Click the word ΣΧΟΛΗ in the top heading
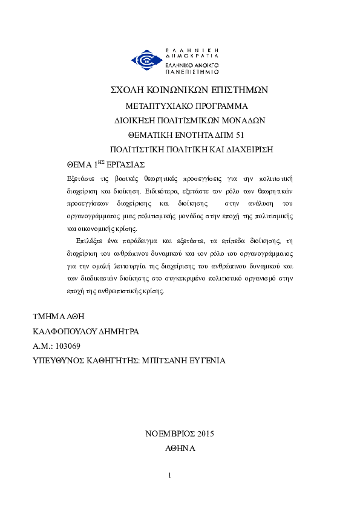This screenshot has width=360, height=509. click(x=126, y=89)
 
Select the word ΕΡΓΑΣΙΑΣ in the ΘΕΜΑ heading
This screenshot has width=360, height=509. click(x=127, y=164)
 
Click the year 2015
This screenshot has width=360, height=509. click(x=206, y=433)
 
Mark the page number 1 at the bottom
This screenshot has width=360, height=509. click(x=170, y=475)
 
